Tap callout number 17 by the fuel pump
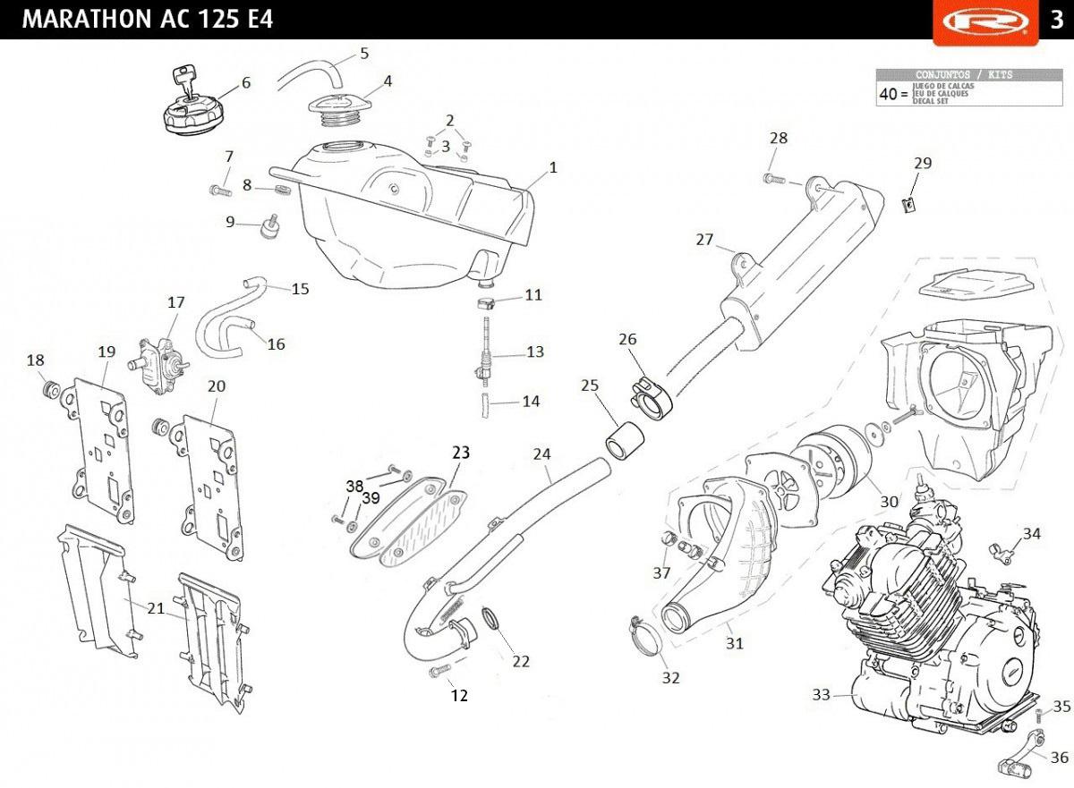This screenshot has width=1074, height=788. (175, 303)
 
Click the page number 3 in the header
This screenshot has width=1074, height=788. (1055, 20)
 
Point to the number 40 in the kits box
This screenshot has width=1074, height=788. (888, 93)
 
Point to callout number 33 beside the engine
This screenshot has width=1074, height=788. (822, 694)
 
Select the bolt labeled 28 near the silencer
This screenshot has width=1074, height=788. (774, 180)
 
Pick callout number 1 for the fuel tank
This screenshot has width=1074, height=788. (553, 167)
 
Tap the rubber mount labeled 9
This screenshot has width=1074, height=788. (266, 227)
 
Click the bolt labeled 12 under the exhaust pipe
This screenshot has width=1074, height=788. (439, 671)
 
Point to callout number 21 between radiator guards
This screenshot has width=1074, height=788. (156, 608)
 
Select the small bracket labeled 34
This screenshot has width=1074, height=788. (1002, 552)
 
